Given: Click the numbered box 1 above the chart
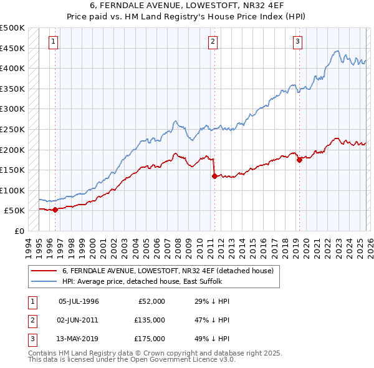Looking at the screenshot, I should [x=54, y=42].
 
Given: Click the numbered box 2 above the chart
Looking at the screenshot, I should [x=213, y=42].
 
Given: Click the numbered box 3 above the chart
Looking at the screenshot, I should [x=298, y=42].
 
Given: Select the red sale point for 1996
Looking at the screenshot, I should [x=55, y=210].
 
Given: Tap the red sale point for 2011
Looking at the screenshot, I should [x=214, y=176].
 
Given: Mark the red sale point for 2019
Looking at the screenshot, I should [x=299, y=160].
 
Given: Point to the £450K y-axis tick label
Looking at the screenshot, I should [x=12, y=48].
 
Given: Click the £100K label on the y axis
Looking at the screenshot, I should [x=12, y=190].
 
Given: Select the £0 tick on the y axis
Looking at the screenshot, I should [x=19, y=231].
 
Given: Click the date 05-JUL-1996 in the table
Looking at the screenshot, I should [x=79, y=301].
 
